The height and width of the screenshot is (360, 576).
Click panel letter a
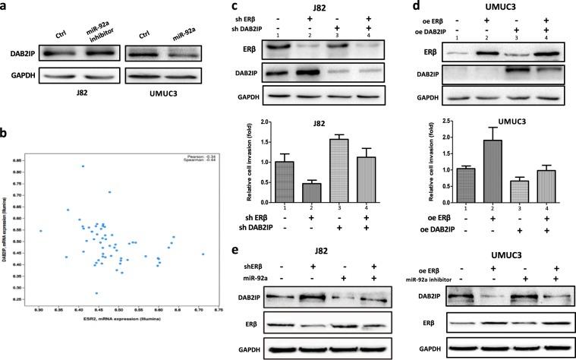coord(6,7)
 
